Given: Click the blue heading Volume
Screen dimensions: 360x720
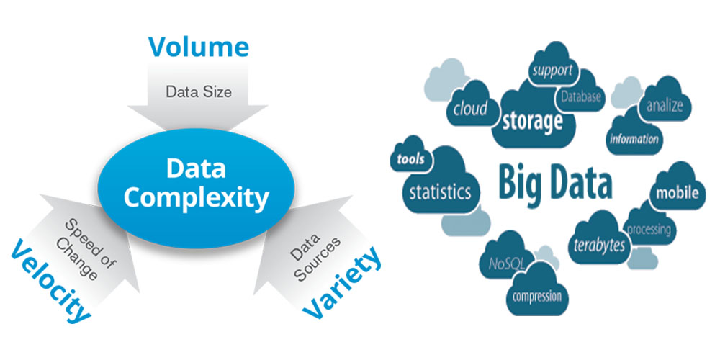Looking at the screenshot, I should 198,48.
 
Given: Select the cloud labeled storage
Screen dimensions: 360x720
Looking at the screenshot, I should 531,120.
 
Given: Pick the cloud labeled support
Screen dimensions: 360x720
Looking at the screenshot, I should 552,71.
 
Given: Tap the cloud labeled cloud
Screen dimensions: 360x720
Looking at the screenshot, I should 469,109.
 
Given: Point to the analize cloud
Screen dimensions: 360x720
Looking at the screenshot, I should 664,107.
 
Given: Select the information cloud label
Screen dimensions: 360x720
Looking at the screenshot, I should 634,139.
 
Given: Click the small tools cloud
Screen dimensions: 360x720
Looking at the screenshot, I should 410,160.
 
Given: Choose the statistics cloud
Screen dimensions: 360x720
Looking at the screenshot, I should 440,192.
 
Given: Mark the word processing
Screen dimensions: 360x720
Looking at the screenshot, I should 649,230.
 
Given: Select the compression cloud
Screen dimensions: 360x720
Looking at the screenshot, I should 536,296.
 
